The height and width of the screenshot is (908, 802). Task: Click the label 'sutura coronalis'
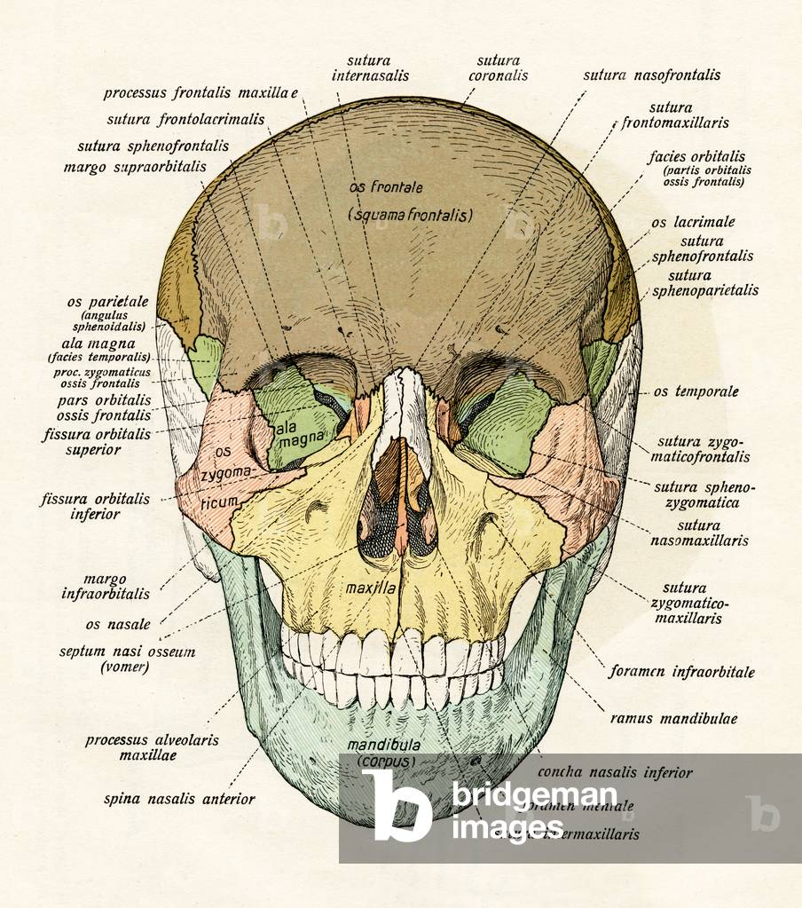(x=498, y=68)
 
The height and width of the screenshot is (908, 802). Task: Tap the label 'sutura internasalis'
(x=370, y=68)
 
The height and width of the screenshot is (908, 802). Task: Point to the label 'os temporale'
(x=696, y=391)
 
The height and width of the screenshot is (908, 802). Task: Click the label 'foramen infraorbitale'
(x=681, y=672)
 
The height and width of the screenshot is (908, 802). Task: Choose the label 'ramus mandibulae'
(x=673, y=718)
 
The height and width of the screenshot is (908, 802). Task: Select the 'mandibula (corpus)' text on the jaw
(x=383, y=753)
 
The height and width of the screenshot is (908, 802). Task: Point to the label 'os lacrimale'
(x=693, y=222)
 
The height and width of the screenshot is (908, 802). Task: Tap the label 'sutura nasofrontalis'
(x=651, y=75)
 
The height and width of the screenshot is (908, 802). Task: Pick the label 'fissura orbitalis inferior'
(x=95, y=506)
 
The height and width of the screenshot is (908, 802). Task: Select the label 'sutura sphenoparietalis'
(x=714, y=282)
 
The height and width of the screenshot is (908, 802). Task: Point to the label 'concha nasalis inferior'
(x=615, y=772)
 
